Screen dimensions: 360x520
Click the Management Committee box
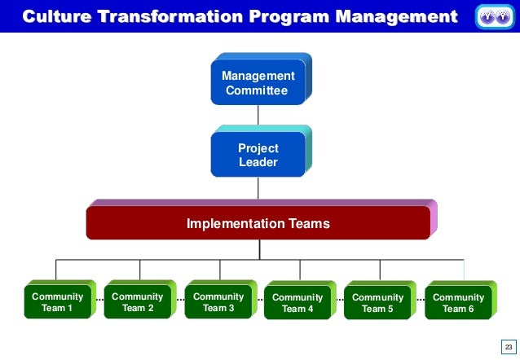(258, 83)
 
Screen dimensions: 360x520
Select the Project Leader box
(258, 155)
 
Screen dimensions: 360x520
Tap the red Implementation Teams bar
(258, 222)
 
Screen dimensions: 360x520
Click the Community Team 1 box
(57, 302)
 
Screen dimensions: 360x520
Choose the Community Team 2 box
(137, 302)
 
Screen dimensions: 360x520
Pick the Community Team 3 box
(218, 302)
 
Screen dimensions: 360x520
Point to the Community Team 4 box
(297, 303)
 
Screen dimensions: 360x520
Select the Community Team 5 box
(377, 303)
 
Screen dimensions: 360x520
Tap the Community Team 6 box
(458, 303)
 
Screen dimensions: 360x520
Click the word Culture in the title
(55, 16)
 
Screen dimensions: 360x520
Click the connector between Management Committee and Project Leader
(258, 116)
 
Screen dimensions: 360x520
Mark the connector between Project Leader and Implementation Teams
(258, 188)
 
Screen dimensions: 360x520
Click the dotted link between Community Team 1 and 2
(99, 299)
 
